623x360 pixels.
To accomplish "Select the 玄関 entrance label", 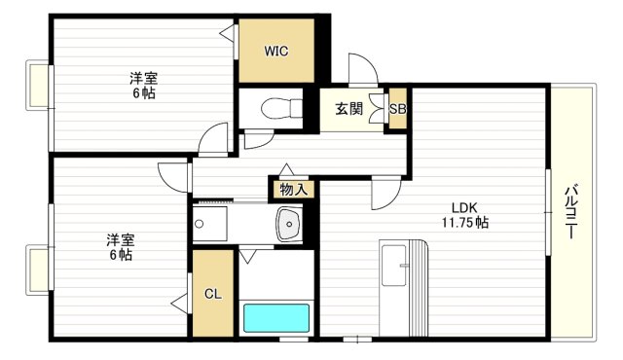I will coord(349,109).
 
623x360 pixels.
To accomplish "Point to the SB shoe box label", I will coord(397,109).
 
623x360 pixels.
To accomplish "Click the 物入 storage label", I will coord(292,189).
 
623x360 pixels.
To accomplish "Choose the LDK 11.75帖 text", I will coord(468,215).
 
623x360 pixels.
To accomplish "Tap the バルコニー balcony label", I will coord(571,211).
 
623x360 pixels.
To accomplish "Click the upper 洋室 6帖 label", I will coord(143,86).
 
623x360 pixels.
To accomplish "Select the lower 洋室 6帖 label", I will coord(119,247).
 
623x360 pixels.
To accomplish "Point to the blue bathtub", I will coord(275,319).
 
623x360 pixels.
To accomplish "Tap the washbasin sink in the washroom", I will coord(289,226).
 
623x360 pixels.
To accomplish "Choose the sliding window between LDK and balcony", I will coord(548,210).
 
